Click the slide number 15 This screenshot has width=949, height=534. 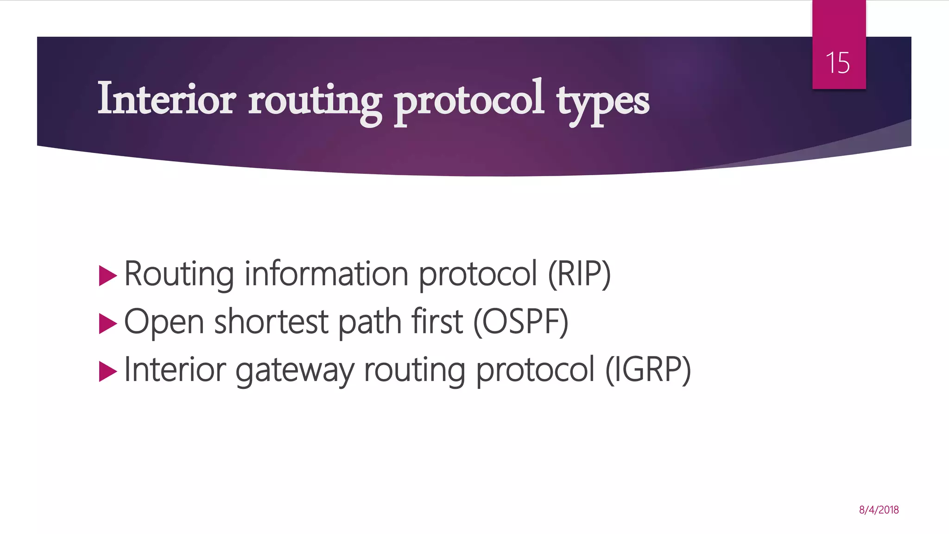coord(838,63)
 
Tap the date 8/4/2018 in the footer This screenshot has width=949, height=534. coord(879,510)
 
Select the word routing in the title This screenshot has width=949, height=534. coord(315,101)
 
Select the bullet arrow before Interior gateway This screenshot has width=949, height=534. coord(108,371)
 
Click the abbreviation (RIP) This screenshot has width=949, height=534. coord(579,274)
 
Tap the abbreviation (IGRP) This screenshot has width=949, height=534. coord(648,369)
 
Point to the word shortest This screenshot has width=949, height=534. coord(271,322)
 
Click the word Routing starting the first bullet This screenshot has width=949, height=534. coord(179,274)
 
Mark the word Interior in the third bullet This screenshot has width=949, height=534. coord(175,369)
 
